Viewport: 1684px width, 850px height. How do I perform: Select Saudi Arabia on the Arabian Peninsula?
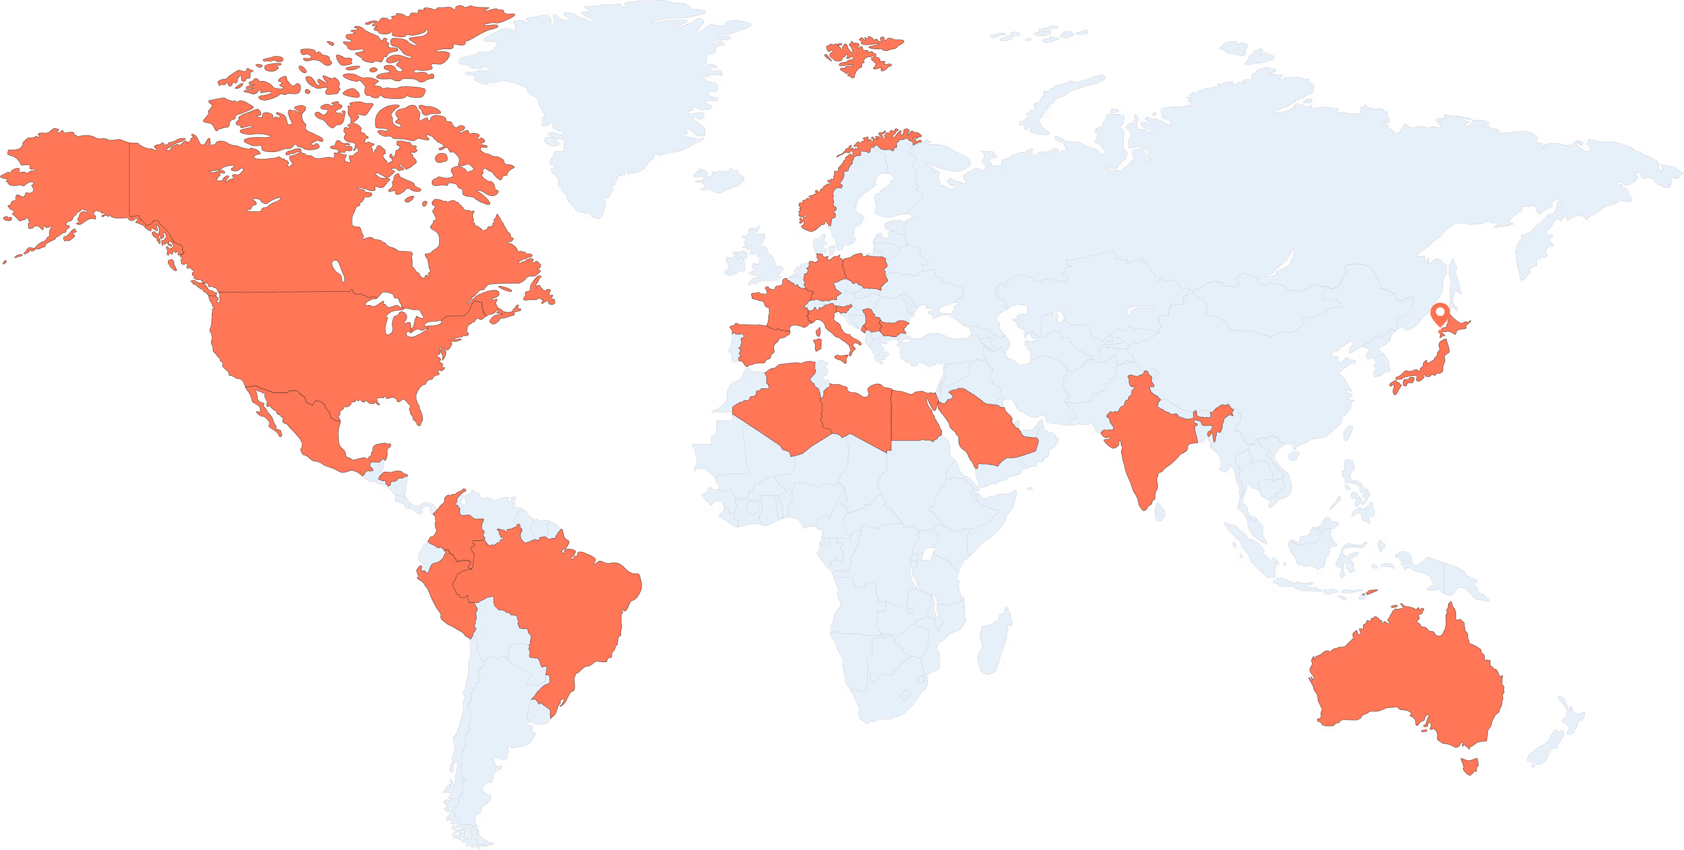(x=987, y=431)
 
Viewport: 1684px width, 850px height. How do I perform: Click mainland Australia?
(x=1405, y=680)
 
